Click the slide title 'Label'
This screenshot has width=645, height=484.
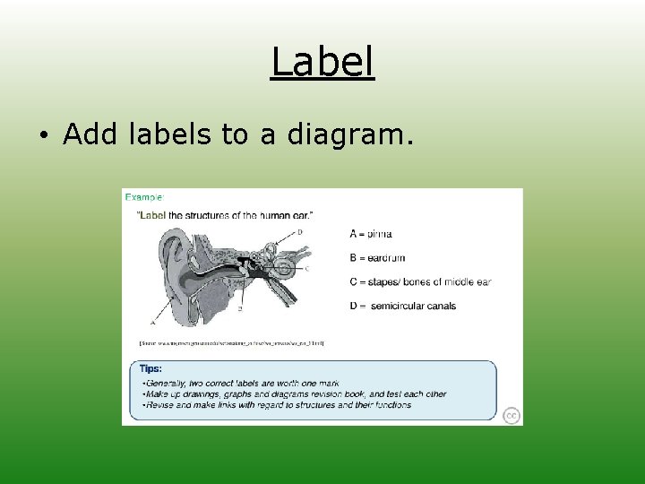[322, 63]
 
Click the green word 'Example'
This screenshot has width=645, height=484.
[144, 196]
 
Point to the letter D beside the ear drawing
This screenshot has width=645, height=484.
[299, 231]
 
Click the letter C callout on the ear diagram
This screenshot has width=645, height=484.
[307, 268]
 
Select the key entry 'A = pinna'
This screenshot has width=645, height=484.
[370, 234]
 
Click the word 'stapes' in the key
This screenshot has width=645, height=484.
[383, 282]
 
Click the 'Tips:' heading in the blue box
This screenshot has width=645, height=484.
[150, 367]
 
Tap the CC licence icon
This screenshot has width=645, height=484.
[511, 415]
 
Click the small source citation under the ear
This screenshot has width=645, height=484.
[231, 342]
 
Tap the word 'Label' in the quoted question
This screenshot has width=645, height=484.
[151, 215]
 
